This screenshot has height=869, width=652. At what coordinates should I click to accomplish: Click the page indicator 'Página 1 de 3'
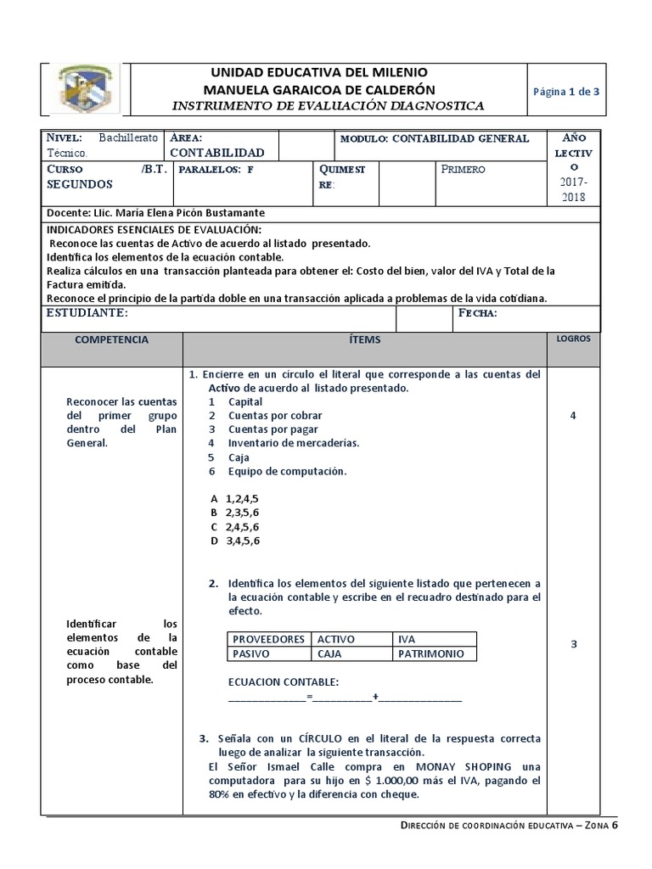tap(566, 92)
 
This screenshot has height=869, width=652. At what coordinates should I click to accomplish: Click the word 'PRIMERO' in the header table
tap(464, 169)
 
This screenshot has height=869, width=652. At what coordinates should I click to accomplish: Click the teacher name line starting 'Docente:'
tap(149, 213)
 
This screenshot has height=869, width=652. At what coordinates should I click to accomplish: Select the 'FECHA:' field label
tap(478, 313)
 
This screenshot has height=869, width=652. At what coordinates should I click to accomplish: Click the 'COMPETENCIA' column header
tap(111, 339)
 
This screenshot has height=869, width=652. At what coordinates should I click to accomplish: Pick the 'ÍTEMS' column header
tap(365, 339)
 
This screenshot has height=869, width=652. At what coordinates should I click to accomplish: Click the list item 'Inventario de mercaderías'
tap(293, 443)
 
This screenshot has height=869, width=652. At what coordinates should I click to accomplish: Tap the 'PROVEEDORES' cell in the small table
tap(268, 639)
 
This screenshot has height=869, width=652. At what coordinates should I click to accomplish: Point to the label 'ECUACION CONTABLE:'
tap(284, 682)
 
